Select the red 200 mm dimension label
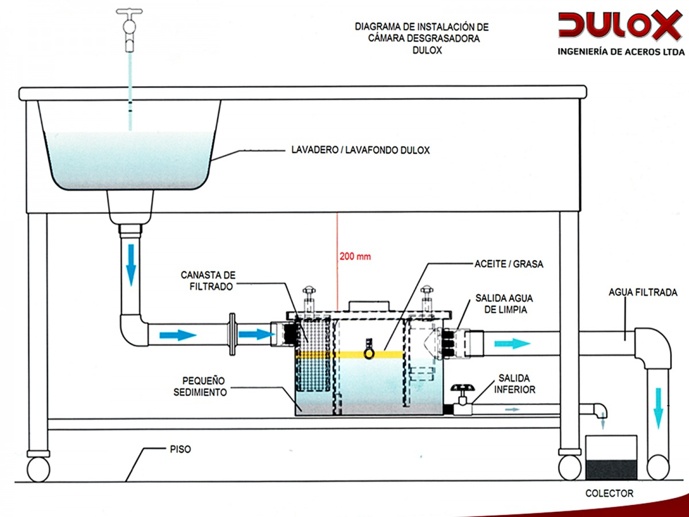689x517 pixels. tap(355, 257)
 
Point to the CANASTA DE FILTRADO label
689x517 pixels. tap(208, 280)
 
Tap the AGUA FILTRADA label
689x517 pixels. tap(643, 293)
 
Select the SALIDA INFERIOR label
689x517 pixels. tap(517, 384)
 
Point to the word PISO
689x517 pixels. tap(180, 450)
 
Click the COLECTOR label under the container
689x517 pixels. tap(609, 493)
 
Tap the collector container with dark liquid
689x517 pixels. tap(611, 457)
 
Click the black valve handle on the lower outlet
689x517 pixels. tap(462, 389)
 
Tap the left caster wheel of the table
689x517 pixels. tap(38, 468)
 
